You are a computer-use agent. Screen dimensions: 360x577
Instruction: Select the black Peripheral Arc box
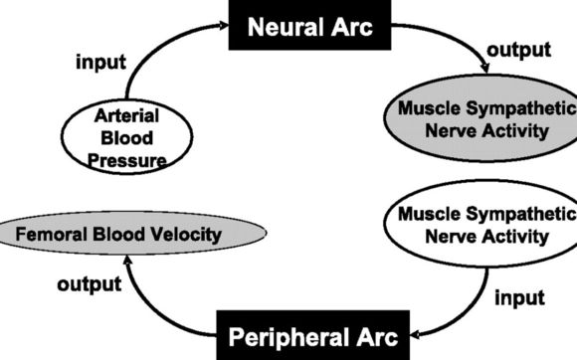click(311, 336)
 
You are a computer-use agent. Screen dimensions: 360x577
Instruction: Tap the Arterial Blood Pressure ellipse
click(127, 139)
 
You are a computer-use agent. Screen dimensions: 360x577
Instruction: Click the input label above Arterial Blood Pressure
click(101, 62)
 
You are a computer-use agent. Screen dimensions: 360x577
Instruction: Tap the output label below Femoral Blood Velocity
click(90, 284)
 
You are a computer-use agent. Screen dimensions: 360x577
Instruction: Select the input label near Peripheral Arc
click(519, 297)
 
